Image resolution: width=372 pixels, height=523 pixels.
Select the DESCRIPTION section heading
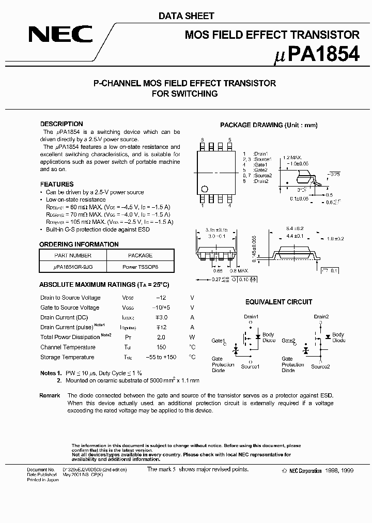(x=61, y=124)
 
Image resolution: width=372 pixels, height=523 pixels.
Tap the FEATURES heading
(x=57, y=184)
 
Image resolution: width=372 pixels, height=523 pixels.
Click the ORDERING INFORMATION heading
(x=79, y=244)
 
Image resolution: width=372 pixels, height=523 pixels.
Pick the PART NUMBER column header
(x=73, y=255)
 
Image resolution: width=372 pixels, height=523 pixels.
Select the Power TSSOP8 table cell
(x=140, y=267)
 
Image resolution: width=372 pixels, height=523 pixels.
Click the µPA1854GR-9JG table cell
(x=73, y=267)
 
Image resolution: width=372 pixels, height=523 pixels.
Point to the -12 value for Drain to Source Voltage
(x=161, y=298)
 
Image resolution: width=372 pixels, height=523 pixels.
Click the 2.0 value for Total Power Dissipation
(x=161, y=337)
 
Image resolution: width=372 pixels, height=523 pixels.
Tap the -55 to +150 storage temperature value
(x=161, y=357)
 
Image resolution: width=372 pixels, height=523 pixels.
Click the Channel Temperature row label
(x=68, y=347)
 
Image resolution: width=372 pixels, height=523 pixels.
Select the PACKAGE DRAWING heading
(x=269, y=125)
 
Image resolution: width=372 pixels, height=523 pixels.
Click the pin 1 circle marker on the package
(x=205, y=188)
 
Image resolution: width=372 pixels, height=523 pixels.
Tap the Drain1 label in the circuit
(x=251, y=317)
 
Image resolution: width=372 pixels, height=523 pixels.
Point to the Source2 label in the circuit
(x=320, y=366)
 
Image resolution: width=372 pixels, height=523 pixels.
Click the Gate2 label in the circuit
(x=288, y=341)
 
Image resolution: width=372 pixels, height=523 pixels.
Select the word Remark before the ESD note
(x=50, y=395)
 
